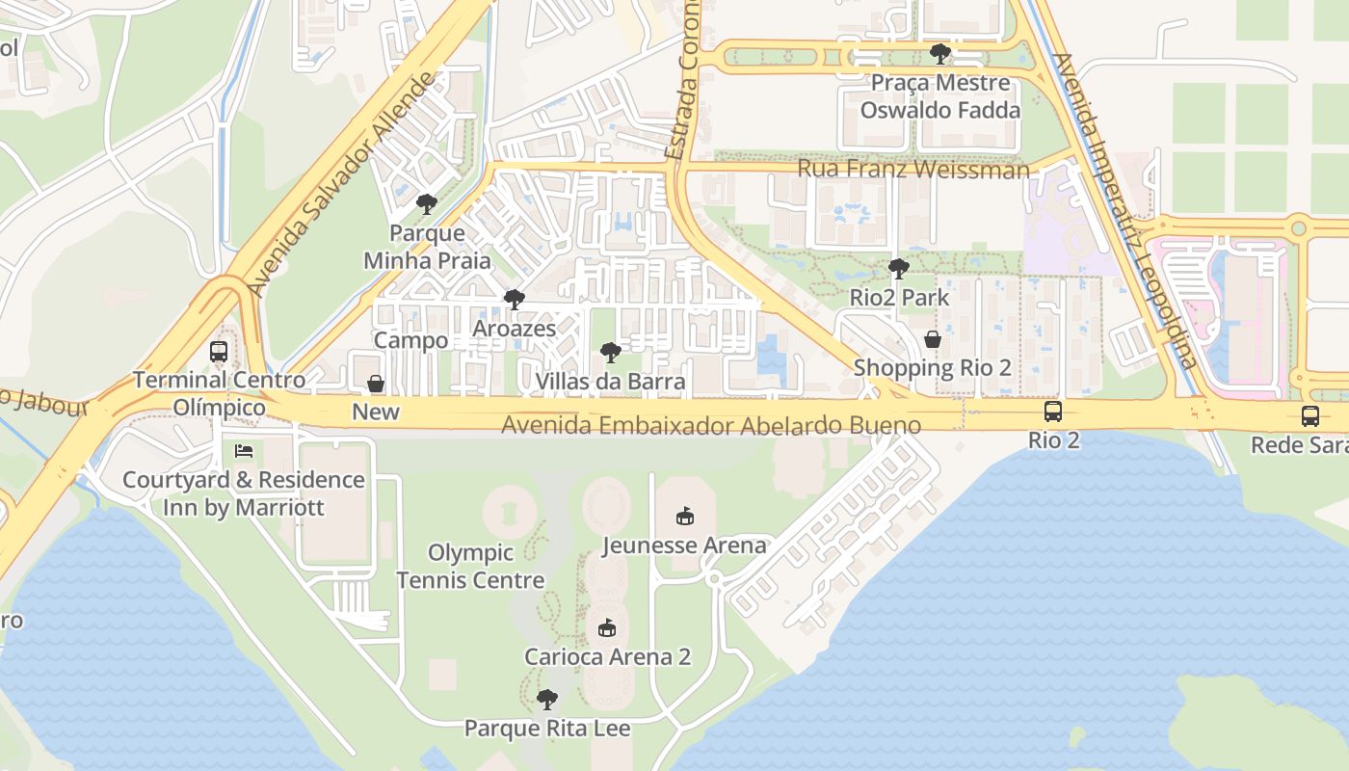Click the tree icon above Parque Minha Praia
click(427, 204)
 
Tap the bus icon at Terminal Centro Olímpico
click(219, 352)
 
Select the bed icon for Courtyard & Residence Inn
click(245, 451)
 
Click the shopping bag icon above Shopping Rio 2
click(933, 339)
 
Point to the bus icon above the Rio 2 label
click(1053, 412)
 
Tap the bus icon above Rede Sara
click(1310, 416)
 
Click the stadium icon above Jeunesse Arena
click(684, 517)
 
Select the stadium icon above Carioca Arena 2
click(607, 628)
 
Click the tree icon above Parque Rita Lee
click(547, 699)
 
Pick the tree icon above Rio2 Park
click(899, 269)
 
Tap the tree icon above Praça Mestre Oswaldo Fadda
click(939, 54)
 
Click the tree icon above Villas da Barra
click(610, 353)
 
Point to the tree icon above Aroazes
click(515, 300)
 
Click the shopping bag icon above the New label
click(376, 384)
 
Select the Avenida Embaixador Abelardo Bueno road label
click(711, 425)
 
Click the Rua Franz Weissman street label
click(913, 170)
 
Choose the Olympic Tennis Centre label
click(470, 567)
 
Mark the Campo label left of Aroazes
click(410, 340)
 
